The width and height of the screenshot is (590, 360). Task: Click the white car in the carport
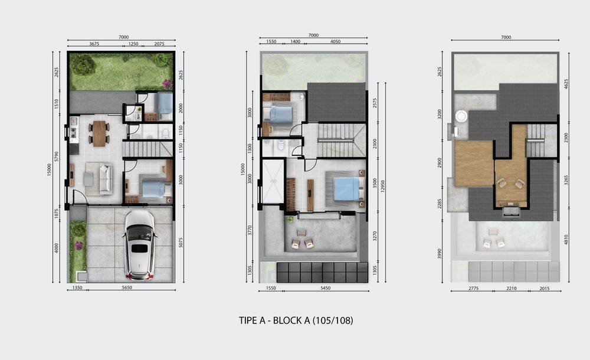pos(139,245)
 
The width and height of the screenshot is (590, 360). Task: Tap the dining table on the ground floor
pos(99,133)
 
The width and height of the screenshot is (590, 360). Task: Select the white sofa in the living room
pos(106,179)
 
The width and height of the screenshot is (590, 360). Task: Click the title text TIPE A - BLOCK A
pos(274,320)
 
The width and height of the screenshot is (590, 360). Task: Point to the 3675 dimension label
pos(94,44)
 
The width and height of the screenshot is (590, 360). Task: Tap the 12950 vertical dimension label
pos(383,185)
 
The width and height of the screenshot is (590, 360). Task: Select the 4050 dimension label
pos(335,41)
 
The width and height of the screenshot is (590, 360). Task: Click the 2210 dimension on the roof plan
pos(512,289)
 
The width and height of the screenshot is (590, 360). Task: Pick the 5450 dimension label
pos(326,288)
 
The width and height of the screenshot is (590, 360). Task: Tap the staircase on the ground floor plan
pos(147,149)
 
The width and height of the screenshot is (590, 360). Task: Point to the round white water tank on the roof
pos(461,116)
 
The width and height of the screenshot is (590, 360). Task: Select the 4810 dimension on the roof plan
pos(566,240)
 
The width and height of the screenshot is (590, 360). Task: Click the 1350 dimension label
pos(77,287)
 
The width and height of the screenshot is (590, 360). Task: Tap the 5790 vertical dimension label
pos(57,156)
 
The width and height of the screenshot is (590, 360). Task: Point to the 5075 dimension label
pos(181,242)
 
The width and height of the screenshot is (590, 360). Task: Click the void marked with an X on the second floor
pos(273,182)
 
